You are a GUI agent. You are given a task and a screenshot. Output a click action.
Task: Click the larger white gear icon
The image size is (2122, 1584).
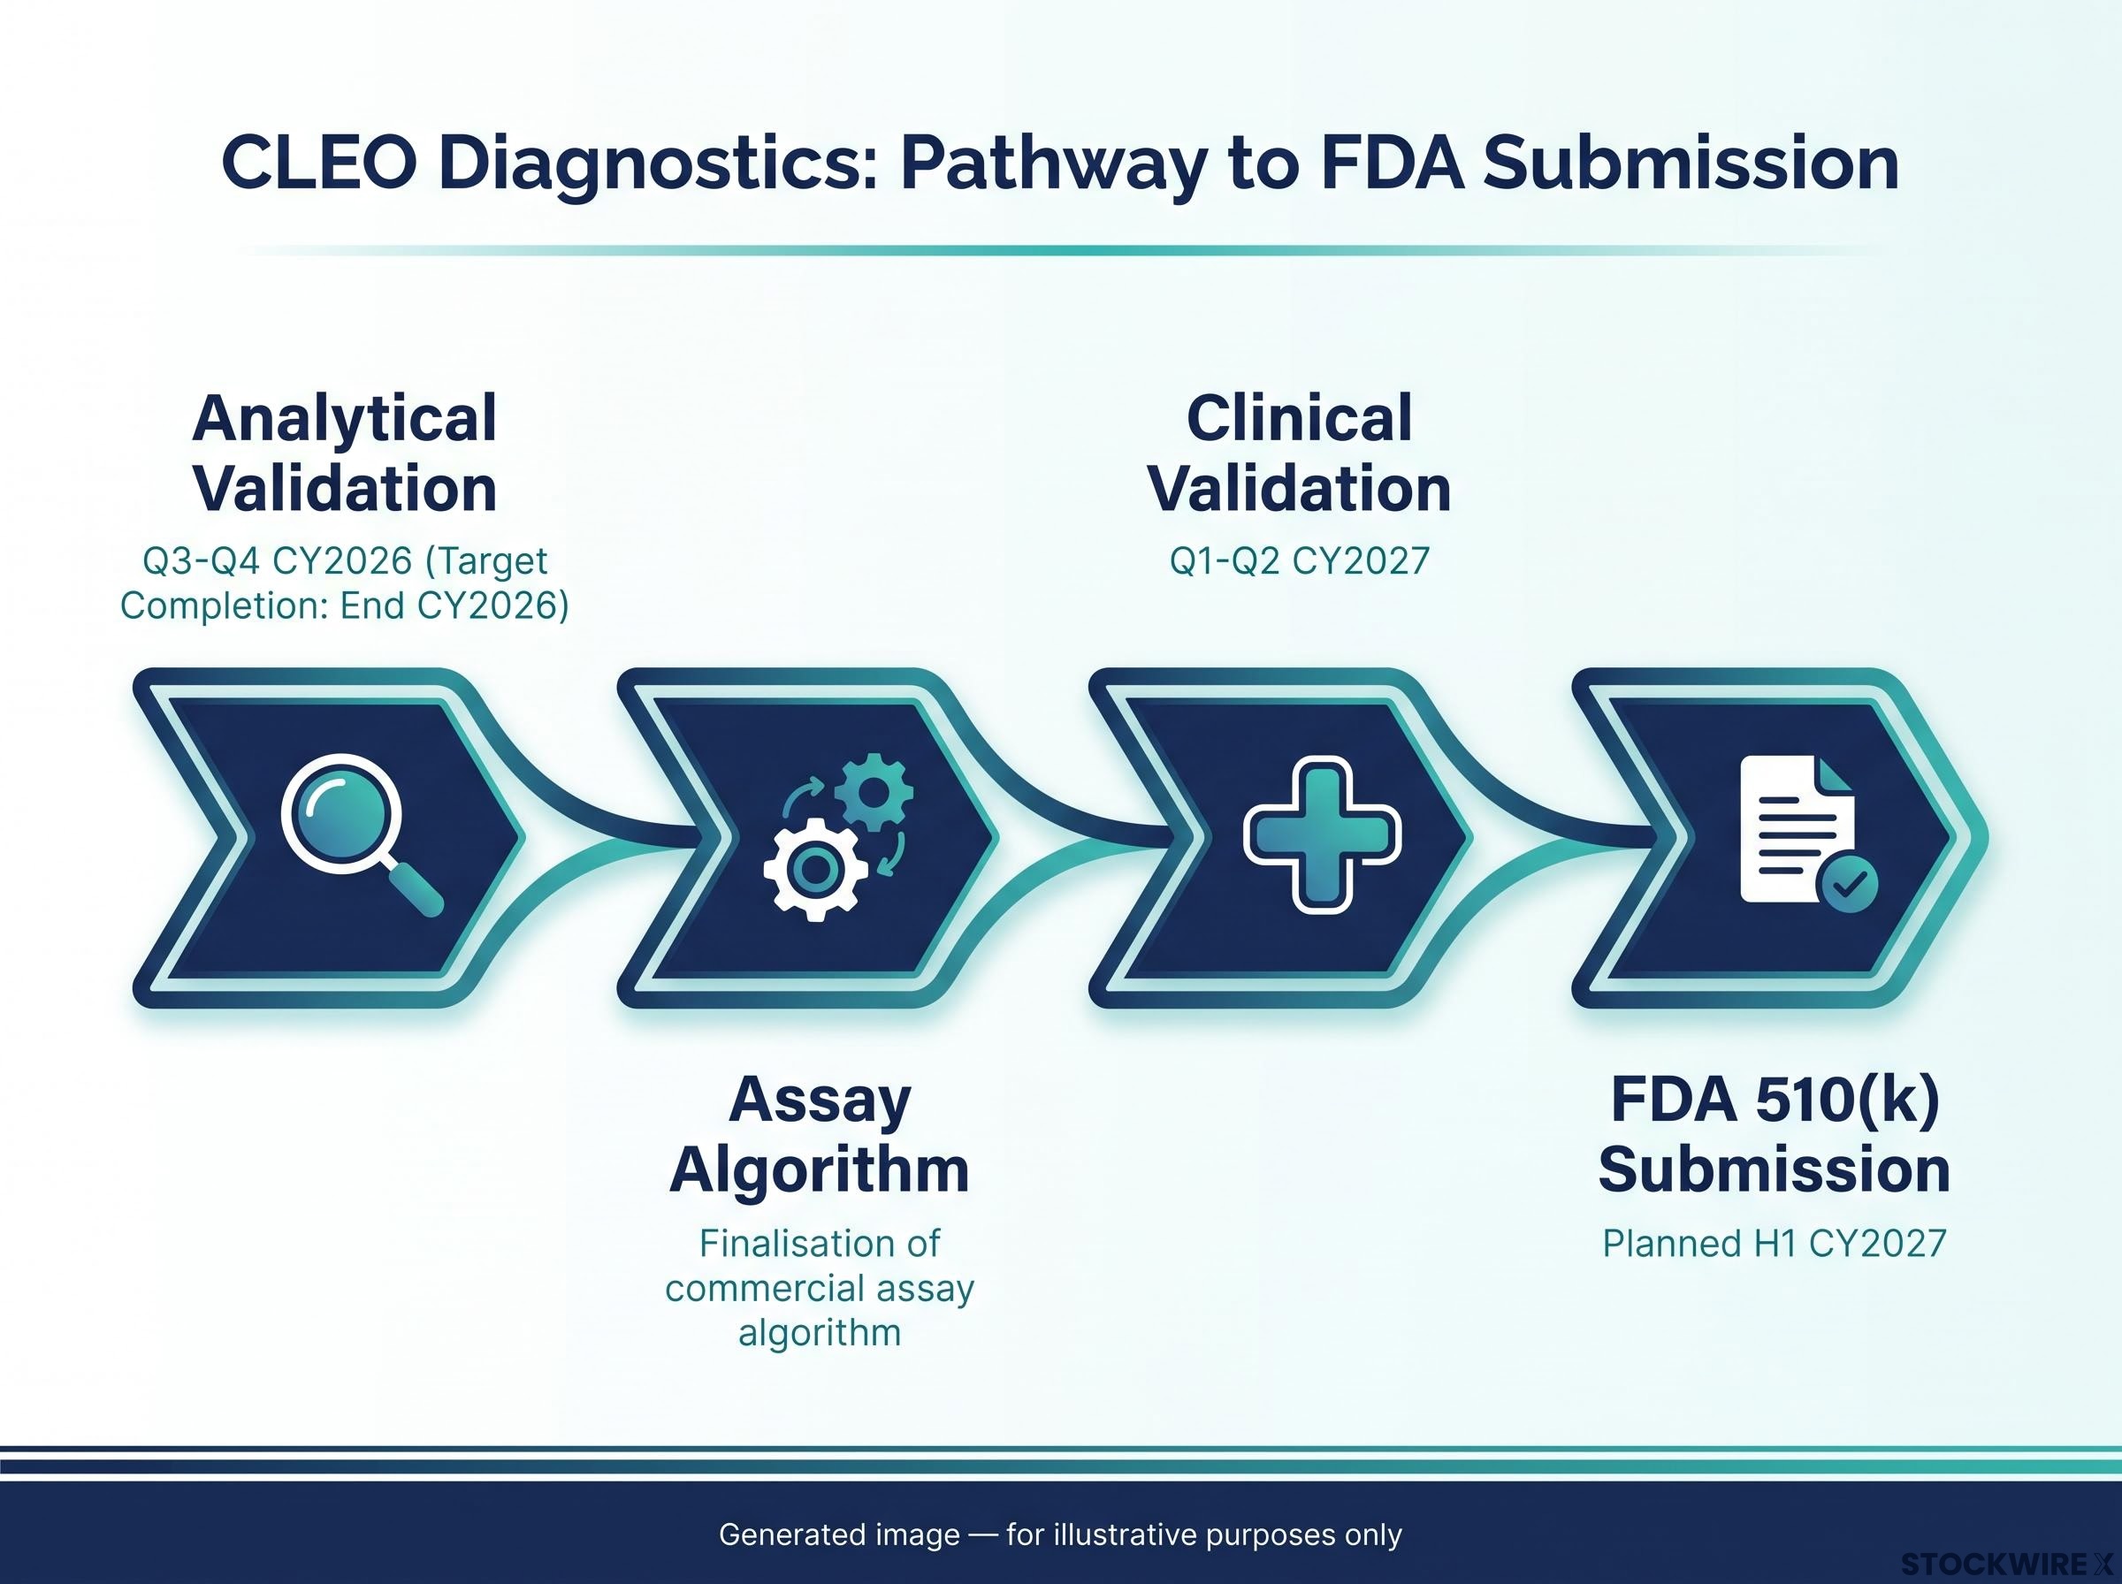coord(815,870)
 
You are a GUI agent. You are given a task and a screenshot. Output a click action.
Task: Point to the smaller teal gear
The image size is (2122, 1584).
coord(874,793)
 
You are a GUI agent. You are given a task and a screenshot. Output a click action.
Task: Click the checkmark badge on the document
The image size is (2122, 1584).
coord(1849,883)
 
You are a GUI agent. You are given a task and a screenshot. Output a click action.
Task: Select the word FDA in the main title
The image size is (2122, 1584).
coord(1392,164)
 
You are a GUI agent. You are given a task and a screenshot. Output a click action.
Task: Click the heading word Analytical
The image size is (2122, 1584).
coord(344,419)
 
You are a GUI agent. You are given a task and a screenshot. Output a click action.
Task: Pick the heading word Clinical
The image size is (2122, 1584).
coord(1299,418)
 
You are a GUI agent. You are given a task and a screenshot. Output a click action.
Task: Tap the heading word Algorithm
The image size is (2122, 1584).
coord(820,1170)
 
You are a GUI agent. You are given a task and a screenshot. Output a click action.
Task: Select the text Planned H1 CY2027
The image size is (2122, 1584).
coord(1775,1245)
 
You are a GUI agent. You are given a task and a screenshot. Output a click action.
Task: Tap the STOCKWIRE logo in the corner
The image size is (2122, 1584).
coord(2008,1565)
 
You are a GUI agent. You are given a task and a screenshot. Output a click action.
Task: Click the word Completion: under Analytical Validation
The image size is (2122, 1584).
coord(225,606)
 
